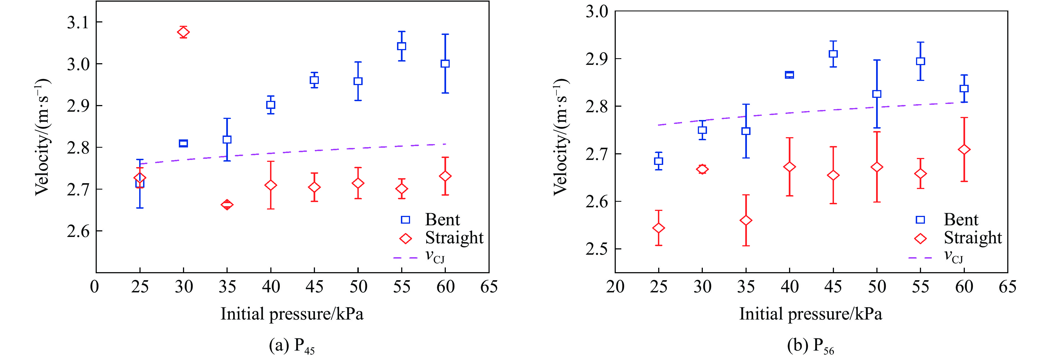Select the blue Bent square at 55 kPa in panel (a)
coord(401,46)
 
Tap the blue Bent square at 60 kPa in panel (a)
coord(445,63)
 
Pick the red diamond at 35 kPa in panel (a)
coord(227,205)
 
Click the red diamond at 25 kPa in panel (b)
coord(659,228)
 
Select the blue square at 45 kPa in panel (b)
coord(833,54)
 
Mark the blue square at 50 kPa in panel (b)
coord(877,94)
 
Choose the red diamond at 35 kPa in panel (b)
coord(746,221)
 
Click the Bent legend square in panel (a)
coord(405,220)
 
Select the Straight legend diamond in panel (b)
coord(920,238)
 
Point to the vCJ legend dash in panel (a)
coord(405,257)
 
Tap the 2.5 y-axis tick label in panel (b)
coord(596,249)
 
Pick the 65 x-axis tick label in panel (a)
coord(489,287)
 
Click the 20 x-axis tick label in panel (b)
coord(615,287)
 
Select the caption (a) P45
coord(292,346)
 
